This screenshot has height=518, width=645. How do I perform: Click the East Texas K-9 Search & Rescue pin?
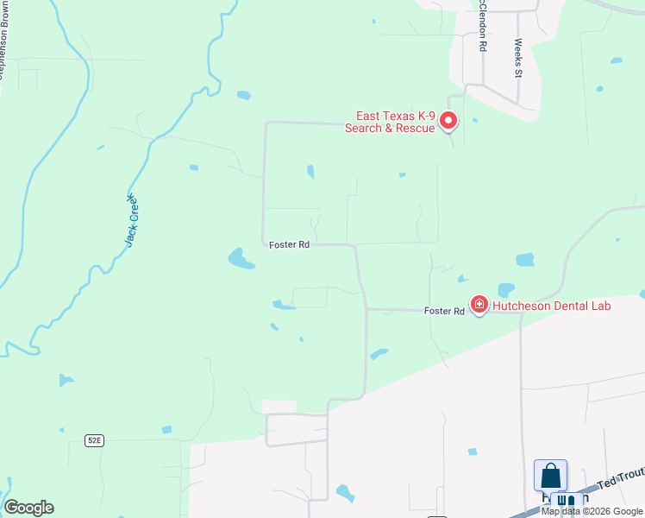pyautogui.click(x=448, y=121)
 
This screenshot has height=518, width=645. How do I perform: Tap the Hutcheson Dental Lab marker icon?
pyautogui.click(x=479, y=304)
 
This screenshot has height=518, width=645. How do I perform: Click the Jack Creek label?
pyautogui.click(x=132, y=221)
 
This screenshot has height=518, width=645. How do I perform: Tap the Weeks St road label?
pyautogui.click(x=518, y=58)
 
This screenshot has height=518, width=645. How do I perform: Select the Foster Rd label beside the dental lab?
pyautogui.click(x=444, y=311)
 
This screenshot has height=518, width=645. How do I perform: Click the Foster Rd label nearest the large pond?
pyautogui.click(x=289, y=245)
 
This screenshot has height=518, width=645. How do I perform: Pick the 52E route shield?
pyautogui.click(x=94, y=440)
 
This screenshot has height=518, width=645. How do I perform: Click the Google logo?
pyautogui.click(x=28, y=508)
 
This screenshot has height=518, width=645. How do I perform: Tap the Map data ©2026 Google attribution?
pyautogui.click(x=592, y=511)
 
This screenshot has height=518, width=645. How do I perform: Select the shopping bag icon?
pyautogui.click(x=550, y=476)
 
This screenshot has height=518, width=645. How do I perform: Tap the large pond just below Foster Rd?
pyautogui.click(x=240, y=258)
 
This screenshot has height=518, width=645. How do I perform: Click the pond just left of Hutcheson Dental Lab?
pyautogui.click(x=506, y=289)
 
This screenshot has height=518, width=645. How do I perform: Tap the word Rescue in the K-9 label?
pyautogui.click(x=413, y=129)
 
